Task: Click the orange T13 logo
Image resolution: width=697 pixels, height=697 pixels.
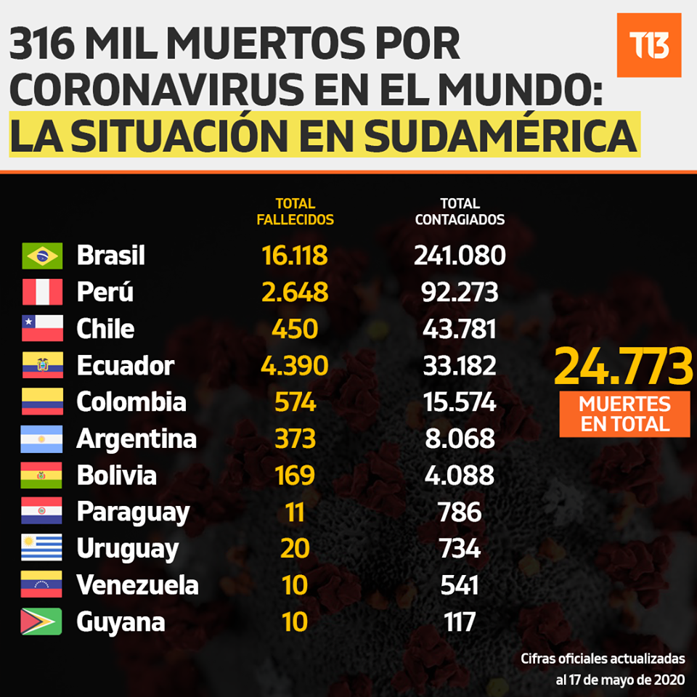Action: (x=649, y=45)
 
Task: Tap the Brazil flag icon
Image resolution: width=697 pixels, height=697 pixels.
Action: (x=42, y=256)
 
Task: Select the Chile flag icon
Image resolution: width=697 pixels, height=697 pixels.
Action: (x=42, y=328)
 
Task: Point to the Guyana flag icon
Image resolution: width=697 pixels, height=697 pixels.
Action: (x=41, y=621)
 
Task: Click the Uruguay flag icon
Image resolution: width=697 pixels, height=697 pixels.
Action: (x=41, y=547)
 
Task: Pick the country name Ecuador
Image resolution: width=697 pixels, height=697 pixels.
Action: (x=126, y=365)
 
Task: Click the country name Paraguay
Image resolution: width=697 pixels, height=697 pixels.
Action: (x=133, y=513)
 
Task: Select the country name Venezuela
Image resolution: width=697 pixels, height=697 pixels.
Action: (x=137, y=584)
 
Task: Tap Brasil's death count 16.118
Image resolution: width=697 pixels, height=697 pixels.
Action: (x=295, y=255)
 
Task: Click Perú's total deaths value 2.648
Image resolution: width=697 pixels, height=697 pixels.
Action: (x=295, y=292)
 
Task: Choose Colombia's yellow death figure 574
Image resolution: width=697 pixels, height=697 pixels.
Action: (x=295, y=402)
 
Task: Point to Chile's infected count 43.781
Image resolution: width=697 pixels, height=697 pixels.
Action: (x=460, y=329)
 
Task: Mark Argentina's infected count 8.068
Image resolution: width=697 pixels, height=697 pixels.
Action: (x=460, y=439)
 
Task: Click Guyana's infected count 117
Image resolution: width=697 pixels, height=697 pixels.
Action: (x=460, y=621)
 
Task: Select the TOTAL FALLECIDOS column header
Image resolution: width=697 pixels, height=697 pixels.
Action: (x=295, y=211)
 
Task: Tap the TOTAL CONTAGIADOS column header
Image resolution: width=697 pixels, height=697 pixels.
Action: (x=460, y=211)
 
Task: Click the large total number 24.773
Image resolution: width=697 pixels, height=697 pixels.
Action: (x=623, y=366)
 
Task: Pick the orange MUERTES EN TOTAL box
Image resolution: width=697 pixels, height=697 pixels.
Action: (x=624, y=414)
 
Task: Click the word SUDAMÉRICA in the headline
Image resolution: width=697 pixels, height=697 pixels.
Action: (x=500, y=135)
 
